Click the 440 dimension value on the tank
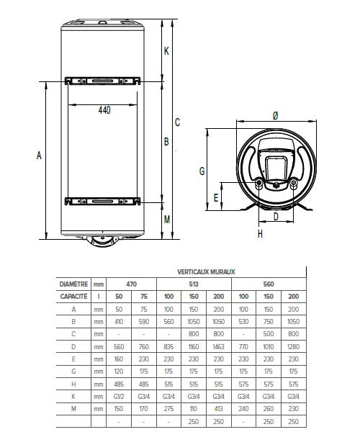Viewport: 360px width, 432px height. (x=104, y=110)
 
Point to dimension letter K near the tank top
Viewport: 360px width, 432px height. (x=167, y=50)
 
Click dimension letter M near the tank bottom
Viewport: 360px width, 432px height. (x=167, y=220)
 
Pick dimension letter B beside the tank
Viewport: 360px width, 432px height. (x=167, y=142)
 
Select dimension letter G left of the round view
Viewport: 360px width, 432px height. (x=202, y=171)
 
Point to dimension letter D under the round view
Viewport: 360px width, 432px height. (x=275, y=216)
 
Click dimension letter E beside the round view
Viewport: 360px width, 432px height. (x=217, y=196)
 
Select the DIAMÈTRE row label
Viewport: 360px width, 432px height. (x=73, y=284)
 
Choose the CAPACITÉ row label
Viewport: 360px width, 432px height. (x=73, y=296)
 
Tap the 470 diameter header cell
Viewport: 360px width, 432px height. (x=132, y=284)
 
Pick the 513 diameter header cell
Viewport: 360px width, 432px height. (x=194, y=284)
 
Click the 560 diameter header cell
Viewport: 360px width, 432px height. (x=269, y=284)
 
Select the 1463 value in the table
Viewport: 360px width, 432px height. (x=219, y=346)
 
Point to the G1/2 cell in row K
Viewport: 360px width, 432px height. (x=120, y=396)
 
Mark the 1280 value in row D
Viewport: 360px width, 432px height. (x=293, y=346)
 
